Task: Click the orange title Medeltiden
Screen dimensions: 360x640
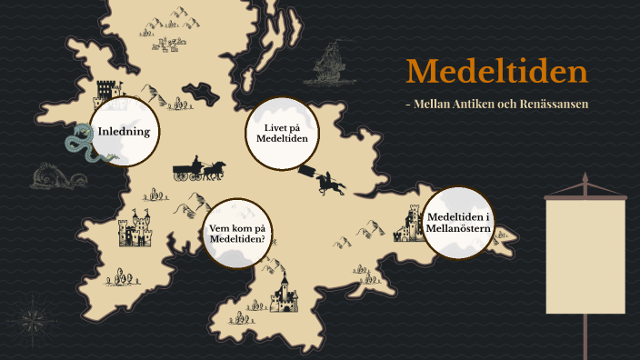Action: [496, 72]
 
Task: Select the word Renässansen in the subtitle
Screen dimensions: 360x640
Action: [553, 105]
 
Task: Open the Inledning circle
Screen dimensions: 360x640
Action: [125, 132]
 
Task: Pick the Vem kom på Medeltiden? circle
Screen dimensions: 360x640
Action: [237, 233]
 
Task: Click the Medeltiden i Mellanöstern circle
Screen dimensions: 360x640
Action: [458, 221]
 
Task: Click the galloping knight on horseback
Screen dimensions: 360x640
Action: [330, 182]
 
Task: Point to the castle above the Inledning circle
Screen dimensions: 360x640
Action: [108, 91]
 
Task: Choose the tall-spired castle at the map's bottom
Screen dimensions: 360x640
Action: [283, 293]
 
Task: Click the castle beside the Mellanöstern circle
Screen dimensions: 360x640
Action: [412, 223]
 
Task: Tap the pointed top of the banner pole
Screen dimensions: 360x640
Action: [585, 175]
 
